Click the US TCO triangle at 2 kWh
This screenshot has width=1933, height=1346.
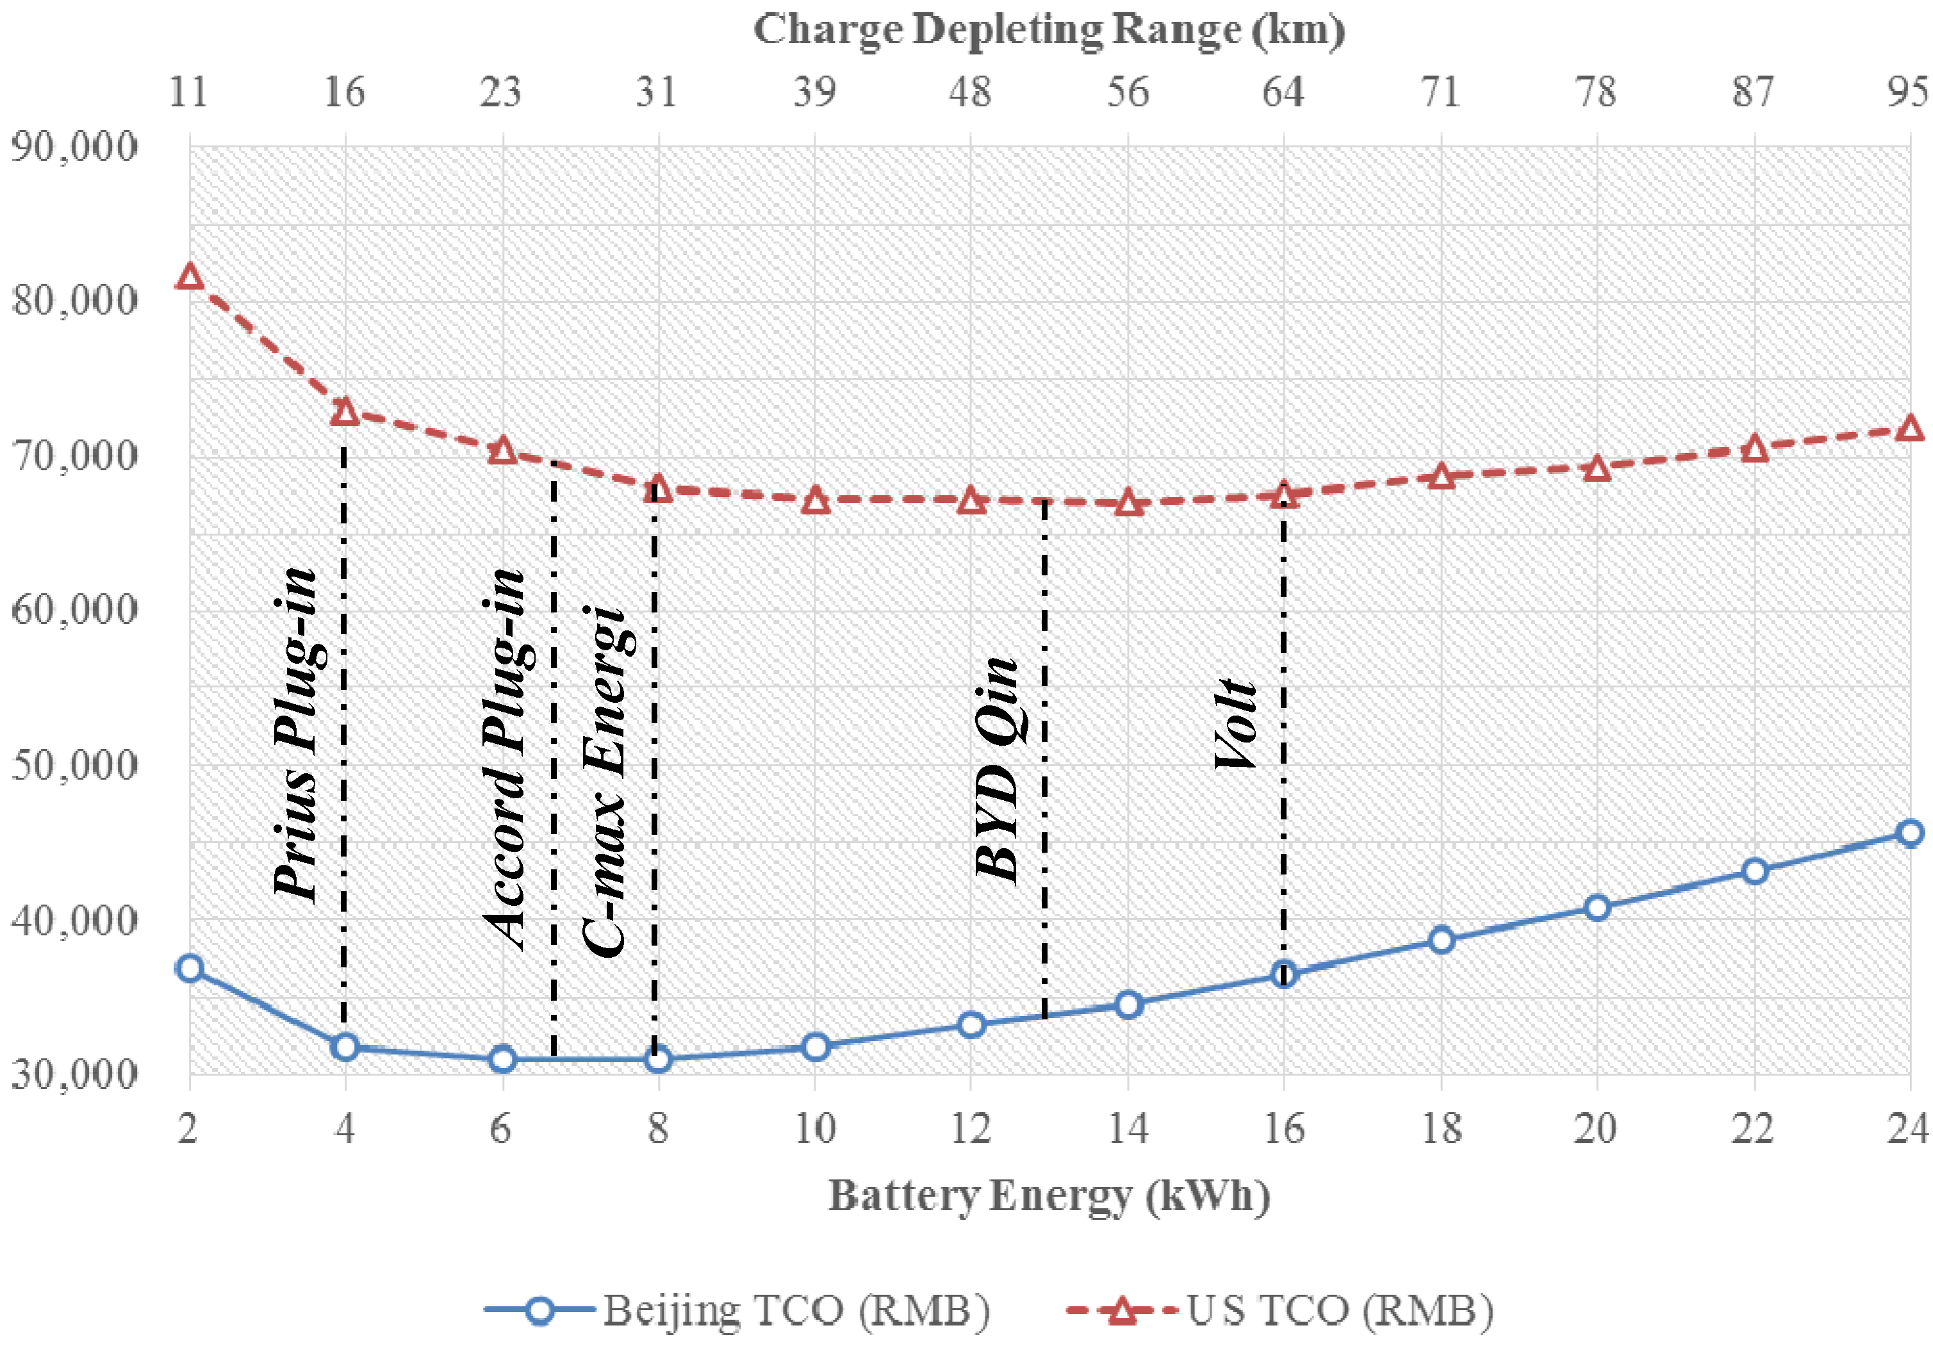tap(190, 277)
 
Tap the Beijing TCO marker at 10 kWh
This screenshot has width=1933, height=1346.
tap(815, 1047)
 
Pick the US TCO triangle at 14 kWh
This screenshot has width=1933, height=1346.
tap(1128, 504)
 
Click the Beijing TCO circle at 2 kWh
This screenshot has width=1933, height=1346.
tap(190, 968)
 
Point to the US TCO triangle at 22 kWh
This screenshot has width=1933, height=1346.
tap(1754, 448)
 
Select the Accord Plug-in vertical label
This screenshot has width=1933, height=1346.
tap(504, 758)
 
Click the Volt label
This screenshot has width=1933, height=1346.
tap(1236, 724)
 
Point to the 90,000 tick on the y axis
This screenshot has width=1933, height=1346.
tap(74, 147)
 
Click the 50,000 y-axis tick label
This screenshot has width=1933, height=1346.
tap(74, 765)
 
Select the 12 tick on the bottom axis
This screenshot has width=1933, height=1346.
tap(971, 1128)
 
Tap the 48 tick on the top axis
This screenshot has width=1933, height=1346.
tap(971, 91)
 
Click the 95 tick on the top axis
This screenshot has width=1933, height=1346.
tap(1906, 91)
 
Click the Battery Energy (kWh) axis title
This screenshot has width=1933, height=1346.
tap(1049, 1196)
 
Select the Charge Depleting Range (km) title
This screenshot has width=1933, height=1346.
tap(1049, 30)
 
